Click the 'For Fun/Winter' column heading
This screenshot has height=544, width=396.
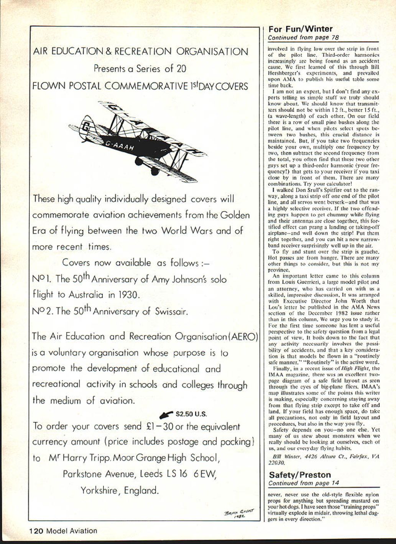point(300,29)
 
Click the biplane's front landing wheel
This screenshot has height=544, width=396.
point(154,171)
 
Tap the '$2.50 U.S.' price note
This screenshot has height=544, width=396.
point(191,414)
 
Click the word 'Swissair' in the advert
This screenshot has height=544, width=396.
point(171,311)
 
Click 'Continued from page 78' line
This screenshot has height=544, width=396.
point(303,38)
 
